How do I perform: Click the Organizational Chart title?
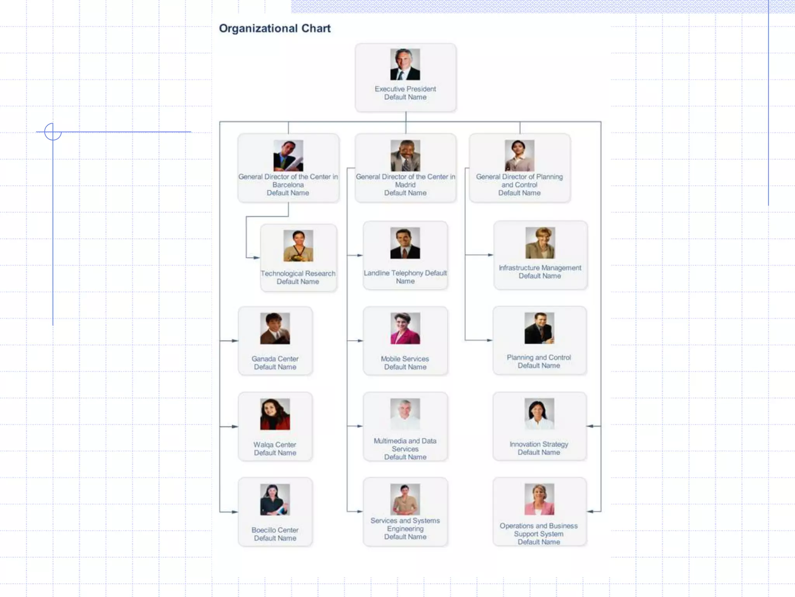pos(274,28)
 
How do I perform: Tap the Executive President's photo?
pos(405,64)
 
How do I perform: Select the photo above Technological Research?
pos(298,246)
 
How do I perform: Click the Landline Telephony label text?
pos(405,277)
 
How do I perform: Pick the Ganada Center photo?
pos(275,328)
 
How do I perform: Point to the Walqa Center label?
pos(275,449)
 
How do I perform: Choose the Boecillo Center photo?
pos(275,499)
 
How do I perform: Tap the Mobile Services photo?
pos(405,328)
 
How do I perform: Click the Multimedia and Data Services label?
pos(405,449)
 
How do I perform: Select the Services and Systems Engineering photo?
pos(405,499)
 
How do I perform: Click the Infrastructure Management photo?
pos(540,243)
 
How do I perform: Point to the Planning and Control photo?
pos(539,328)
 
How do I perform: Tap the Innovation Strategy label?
pos(539,448)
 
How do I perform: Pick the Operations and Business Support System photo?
pos(539,499)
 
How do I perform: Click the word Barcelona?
pos(288,185)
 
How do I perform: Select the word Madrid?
pos(405,185)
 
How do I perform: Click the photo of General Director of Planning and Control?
pos(519,155)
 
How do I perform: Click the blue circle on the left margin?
pos(53,131)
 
